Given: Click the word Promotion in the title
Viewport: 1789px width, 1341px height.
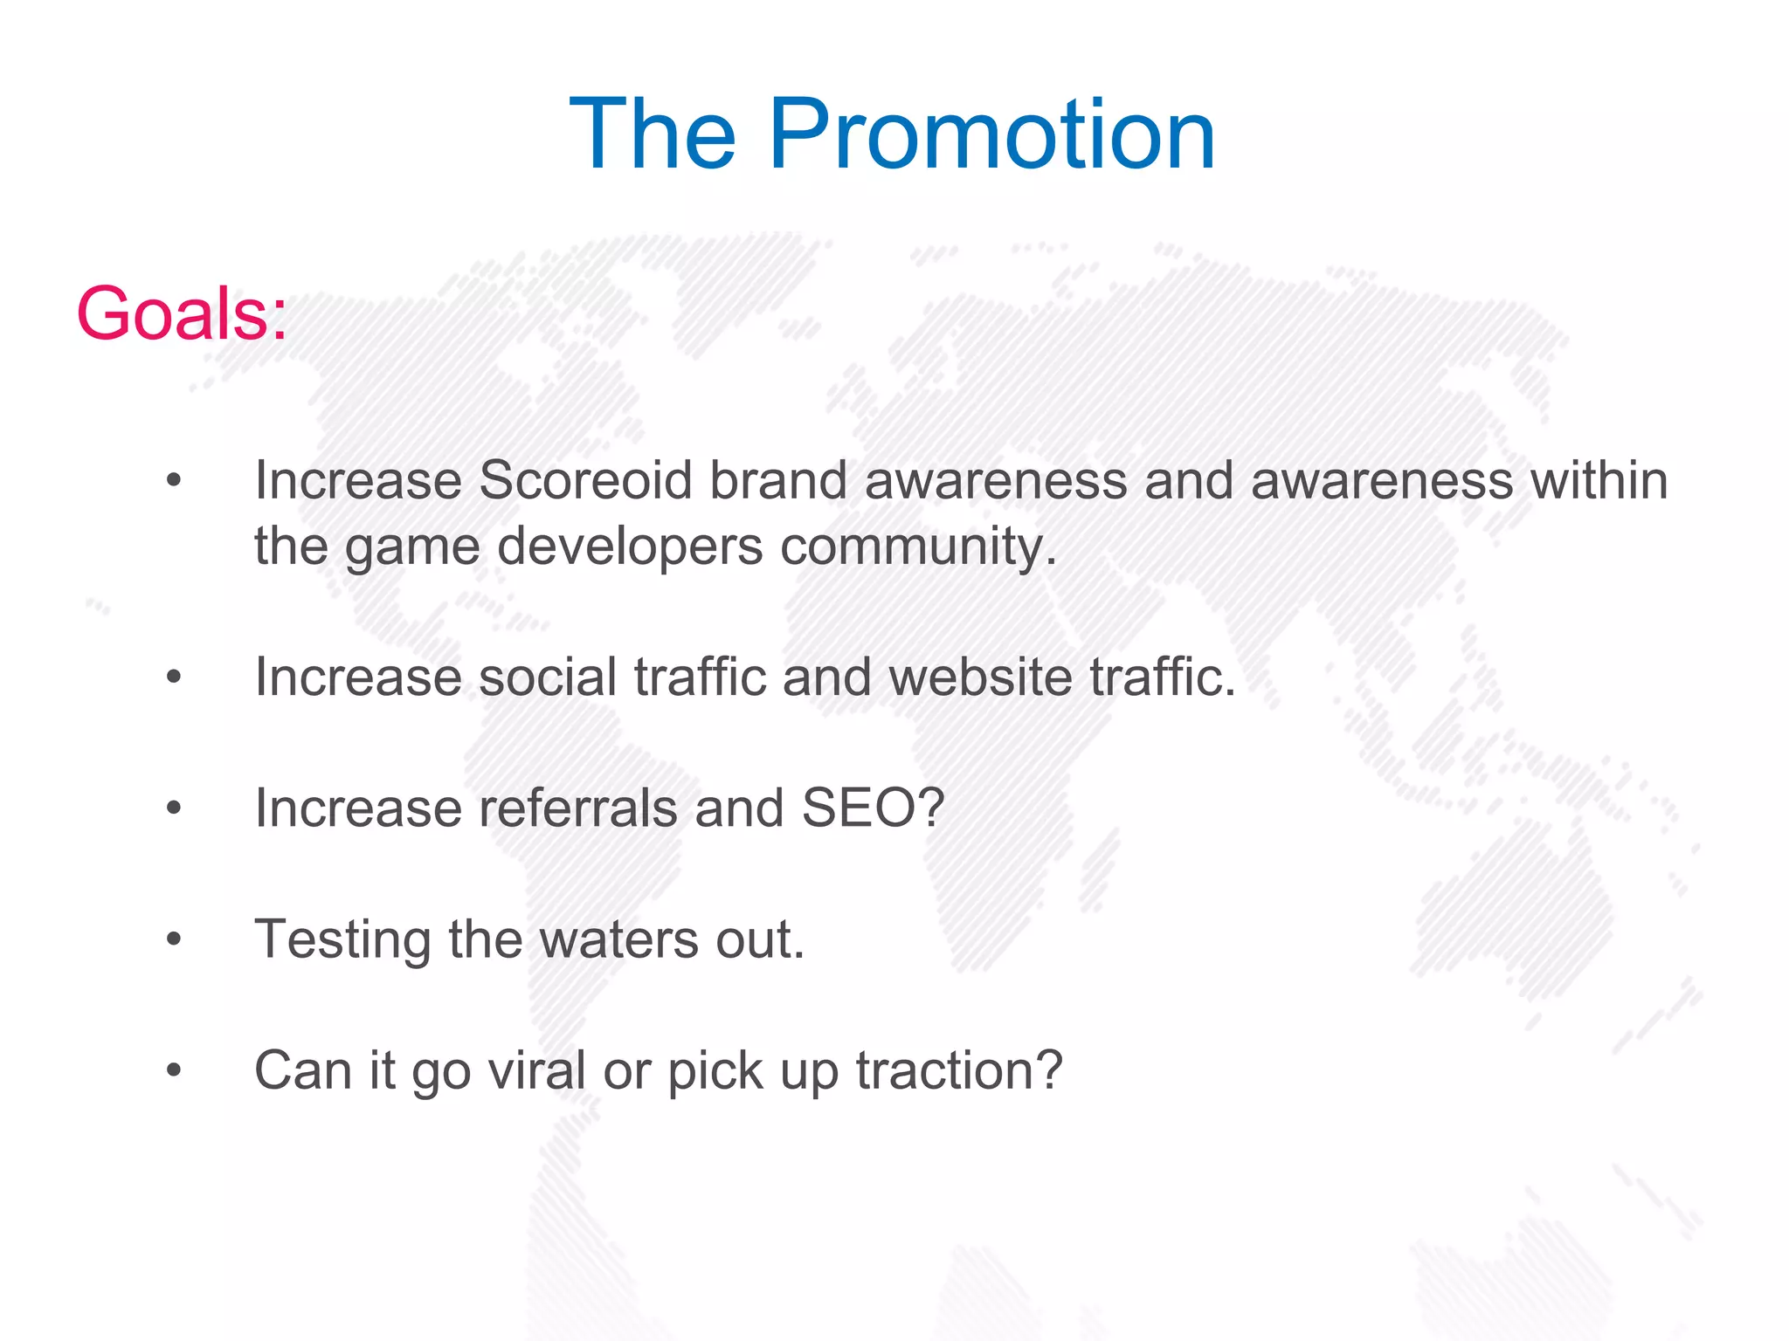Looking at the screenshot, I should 991,135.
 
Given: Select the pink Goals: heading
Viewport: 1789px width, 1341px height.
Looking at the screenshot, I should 182,313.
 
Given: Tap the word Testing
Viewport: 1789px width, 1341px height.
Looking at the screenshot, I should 342,940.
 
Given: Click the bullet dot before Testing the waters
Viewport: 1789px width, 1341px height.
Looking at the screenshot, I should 174,940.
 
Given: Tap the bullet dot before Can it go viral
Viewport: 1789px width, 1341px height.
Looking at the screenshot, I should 174,1070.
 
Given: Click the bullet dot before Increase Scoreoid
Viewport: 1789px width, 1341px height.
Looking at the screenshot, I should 174,481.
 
